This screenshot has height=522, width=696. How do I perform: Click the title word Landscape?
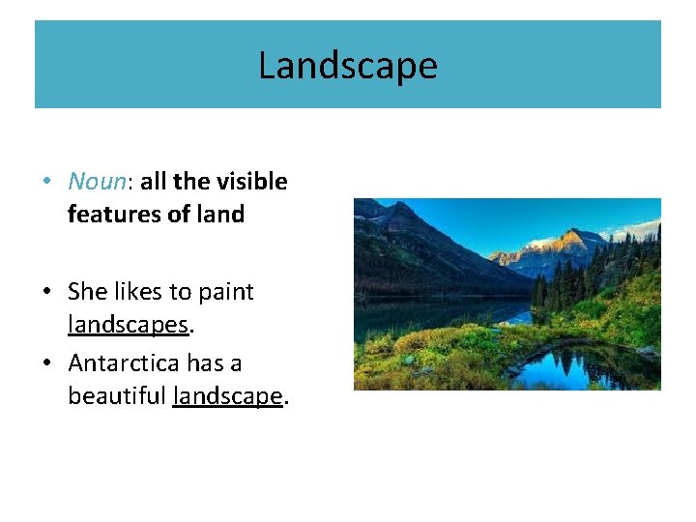point(347,66)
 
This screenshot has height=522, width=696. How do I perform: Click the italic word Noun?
point(97,182)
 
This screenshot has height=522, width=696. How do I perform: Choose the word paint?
point(225,292)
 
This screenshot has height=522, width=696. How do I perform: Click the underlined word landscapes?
point(127,325)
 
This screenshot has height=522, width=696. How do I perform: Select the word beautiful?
point(117,396)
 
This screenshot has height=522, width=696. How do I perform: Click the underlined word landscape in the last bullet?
point(227,396)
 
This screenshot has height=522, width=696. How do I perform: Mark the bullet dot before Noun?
point(47,183)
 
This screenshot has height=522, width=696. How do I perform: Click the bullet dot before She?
point(47,293)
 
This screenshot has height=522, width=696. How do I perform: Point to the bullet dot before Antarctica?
point(47,364)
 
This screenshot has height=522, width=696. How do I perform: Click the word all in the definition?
point(153,182)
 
